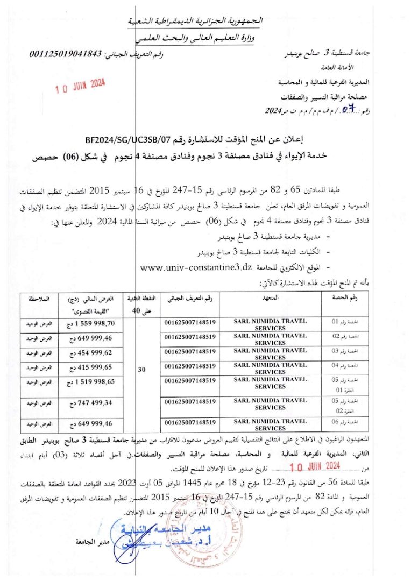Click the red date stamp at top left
pyautogui.click(x=81, y=86)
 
